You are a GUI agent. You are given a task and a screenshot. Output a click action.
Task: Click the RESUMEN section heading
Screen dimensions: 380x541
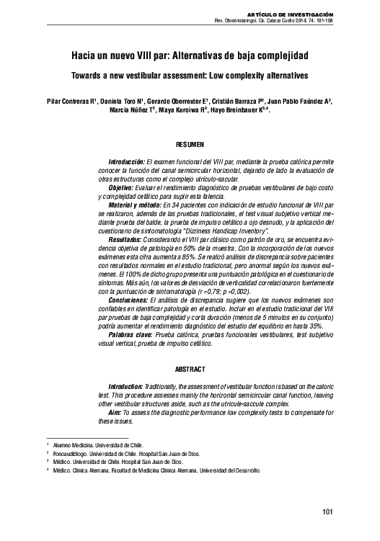[190, 144]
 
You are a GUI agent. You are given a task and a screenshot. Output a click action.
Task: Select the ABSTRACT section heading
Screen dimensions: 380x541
[190, 369]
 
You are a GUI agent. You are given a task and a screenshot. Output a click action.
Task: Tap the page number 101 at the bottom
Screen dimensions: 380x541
[327, 511]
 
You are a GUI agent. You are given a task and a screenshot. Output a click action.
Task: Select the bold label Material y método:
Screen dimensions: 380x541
[130, 205]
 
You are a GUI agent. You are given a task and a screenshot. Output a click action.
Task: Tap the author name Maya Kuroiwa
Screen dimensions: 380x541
[181, 112]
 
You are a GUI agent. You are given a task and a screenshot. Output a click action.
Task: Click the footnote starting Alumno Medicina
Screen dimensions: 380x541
[94, 446]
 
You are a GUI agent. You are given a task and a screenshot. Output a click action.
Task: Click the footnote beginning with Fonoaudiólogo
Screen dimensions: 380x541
[107, 454]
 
